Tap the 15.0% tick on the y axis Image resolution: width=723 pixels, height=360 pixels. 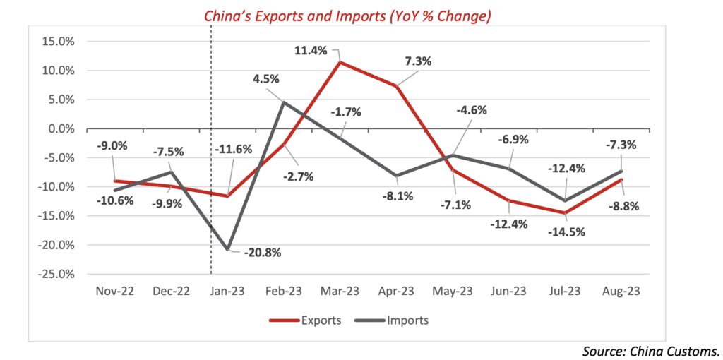pyautogui.click(x=59, y=41)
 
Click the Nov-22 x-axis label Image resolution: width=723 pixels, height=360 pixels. pyautogui.click(x=114, y=291)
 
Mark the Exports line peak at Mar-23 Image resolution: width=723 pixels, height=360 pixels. pyautogui.click(x=341, y=62)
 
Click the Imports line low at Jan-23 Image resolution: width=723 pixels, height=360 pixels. pyautogui.click(x=227, y=250)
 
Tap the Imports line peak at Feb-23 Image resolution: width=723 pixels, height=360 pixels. pyautogui.click(x=284, y=102)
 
